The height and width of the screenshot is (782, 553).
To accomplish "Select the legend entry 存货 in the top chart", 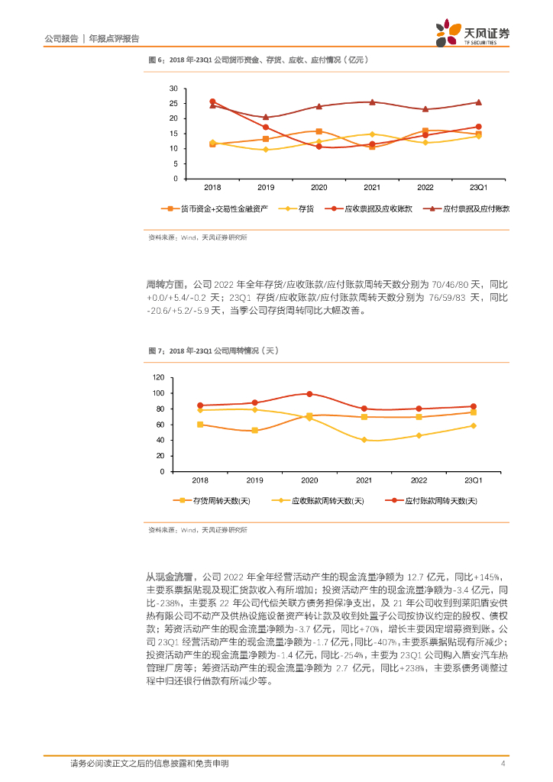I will click(302, 208).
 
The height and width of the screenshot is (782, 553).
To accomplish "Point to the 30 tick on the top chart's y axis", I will click(174, 89).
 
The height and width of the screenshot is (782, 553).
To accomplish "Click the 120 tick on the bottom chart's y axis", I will click(159, 377).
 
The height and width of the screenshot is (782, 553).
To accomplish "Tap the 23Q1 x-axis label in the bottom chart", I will click(474, 480).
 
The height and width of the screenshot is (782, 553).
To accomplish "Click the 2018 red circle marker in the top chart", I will click(212, 102).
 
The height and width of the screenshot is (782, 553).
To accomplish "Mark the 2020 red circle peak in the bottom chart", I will click(309, 394).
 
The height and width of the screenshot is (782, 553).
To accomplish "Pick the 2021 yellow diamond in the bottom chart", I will click(364, 440).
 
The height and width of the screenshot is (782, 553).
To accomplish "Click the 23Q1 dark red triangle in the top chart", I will click(478, 102).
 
